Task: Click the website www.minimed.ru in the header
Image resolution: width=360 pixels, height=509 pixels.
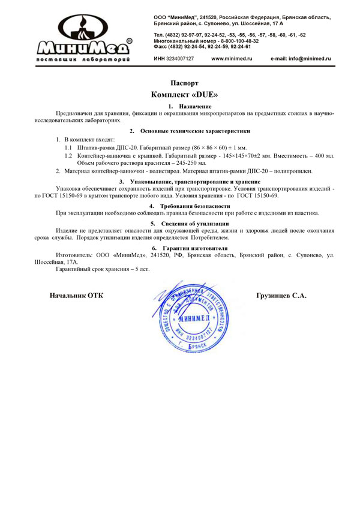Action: (232, 58)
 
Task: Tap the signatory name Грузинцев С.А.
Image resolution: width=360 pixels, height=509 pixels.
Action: (281, 296)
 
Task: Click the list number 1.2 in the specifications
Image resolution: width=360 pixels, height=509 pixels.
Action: (68, 155)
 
